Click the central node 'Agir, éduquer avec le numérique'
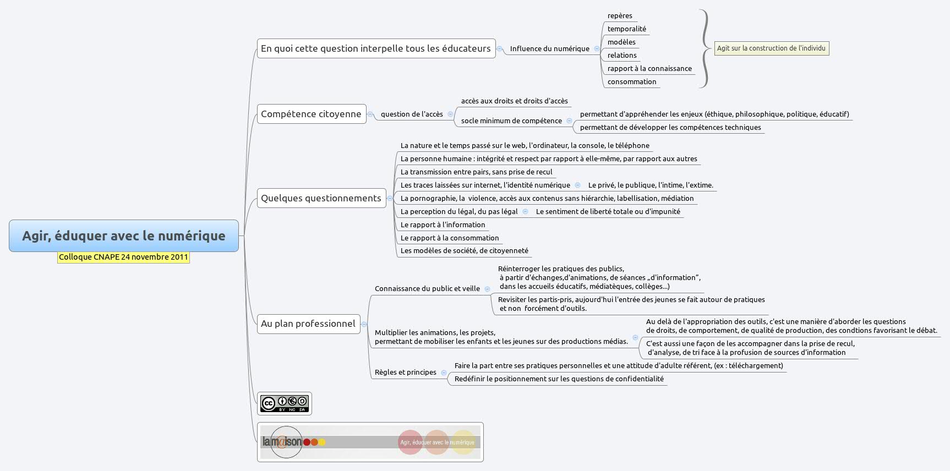pyautogui.click(x=124, y=235)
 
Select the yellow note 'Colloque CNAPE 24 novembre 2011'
pyautogui.click(x=123, y=257)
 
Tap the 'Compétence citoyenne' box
pyautogui.click(x=311, y=114)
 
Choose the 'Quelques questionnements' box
pyautogui.click(x=321, y=198)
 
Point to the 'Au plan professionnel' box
pyautogui.click(x=308, y=324)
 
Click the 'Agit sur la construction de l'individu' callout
pyautogui.click(x=771, y=48)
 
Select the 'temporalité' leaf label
pyautogui.click(x=626, y=29)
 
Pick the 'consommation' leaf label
pyautogui.click(x=631, y=82)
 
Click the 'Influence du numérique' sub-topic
pyautogui.click(x=549, y=49)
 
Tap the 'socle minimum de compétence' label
pyautogui.click(x=511, y=121)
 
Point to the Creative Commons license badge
pyautogui.click(x=284, y=404)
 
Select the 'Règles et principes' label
pyautogui.click(x=405, y=373)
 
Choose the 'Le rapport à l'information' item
pyautogui.click(x=443, y=225)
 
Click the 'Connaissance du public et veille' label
pyautogui.click(x=427, y=289)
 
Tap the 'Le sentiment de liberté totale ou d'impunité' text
pyautogui.click(x=608, y=212)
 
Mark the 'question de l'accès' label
pyautogui.click(x=412, y=114)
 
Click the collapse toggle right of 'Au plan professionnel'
pyautogui.click(x=364, y=324)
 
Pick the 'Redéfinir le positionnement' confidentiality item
pyautogui.click(x=559, y=379)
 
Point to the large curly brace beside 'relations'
pyautogui.click(x=705, y=48)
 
